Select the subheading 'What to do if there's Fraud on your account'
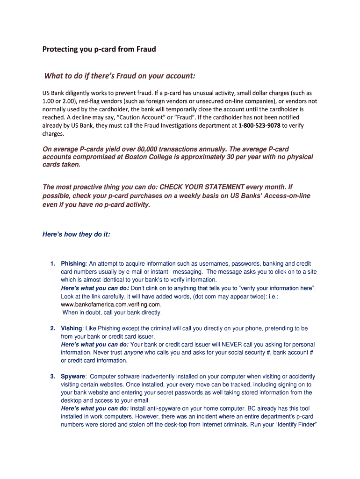[119, 76]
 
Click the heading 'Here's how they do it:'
[76, 234]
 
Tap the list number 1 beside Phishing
[53, 264]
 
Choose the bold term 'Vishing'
[72, 328]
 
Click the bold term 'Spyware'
[73, 377]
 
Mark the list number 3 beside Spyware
[53, 377]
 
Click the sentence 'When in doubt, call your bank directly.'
[112, 312]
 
